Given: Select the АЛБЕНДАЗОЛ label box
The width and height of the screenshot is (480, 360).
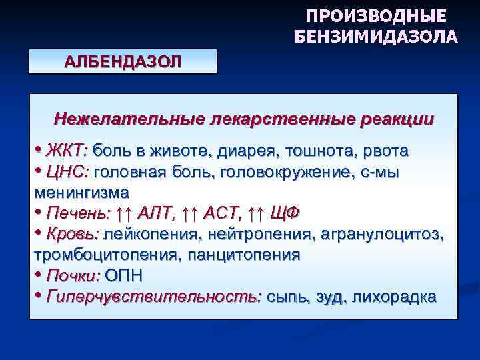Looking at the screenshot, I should pyautogui.click(x=123, y=61).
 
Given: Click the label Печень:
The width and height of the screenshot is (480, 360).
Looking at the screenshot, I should pyautogui.click(x=79, y=213).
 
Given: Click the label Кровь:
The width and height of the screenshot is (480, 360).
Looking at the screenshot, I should pyautogui.click(x=73, y=234).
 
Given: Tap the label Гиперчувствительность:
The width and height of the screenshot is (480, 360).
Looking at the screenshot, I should pyautogui.click(x=154, y=296).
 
